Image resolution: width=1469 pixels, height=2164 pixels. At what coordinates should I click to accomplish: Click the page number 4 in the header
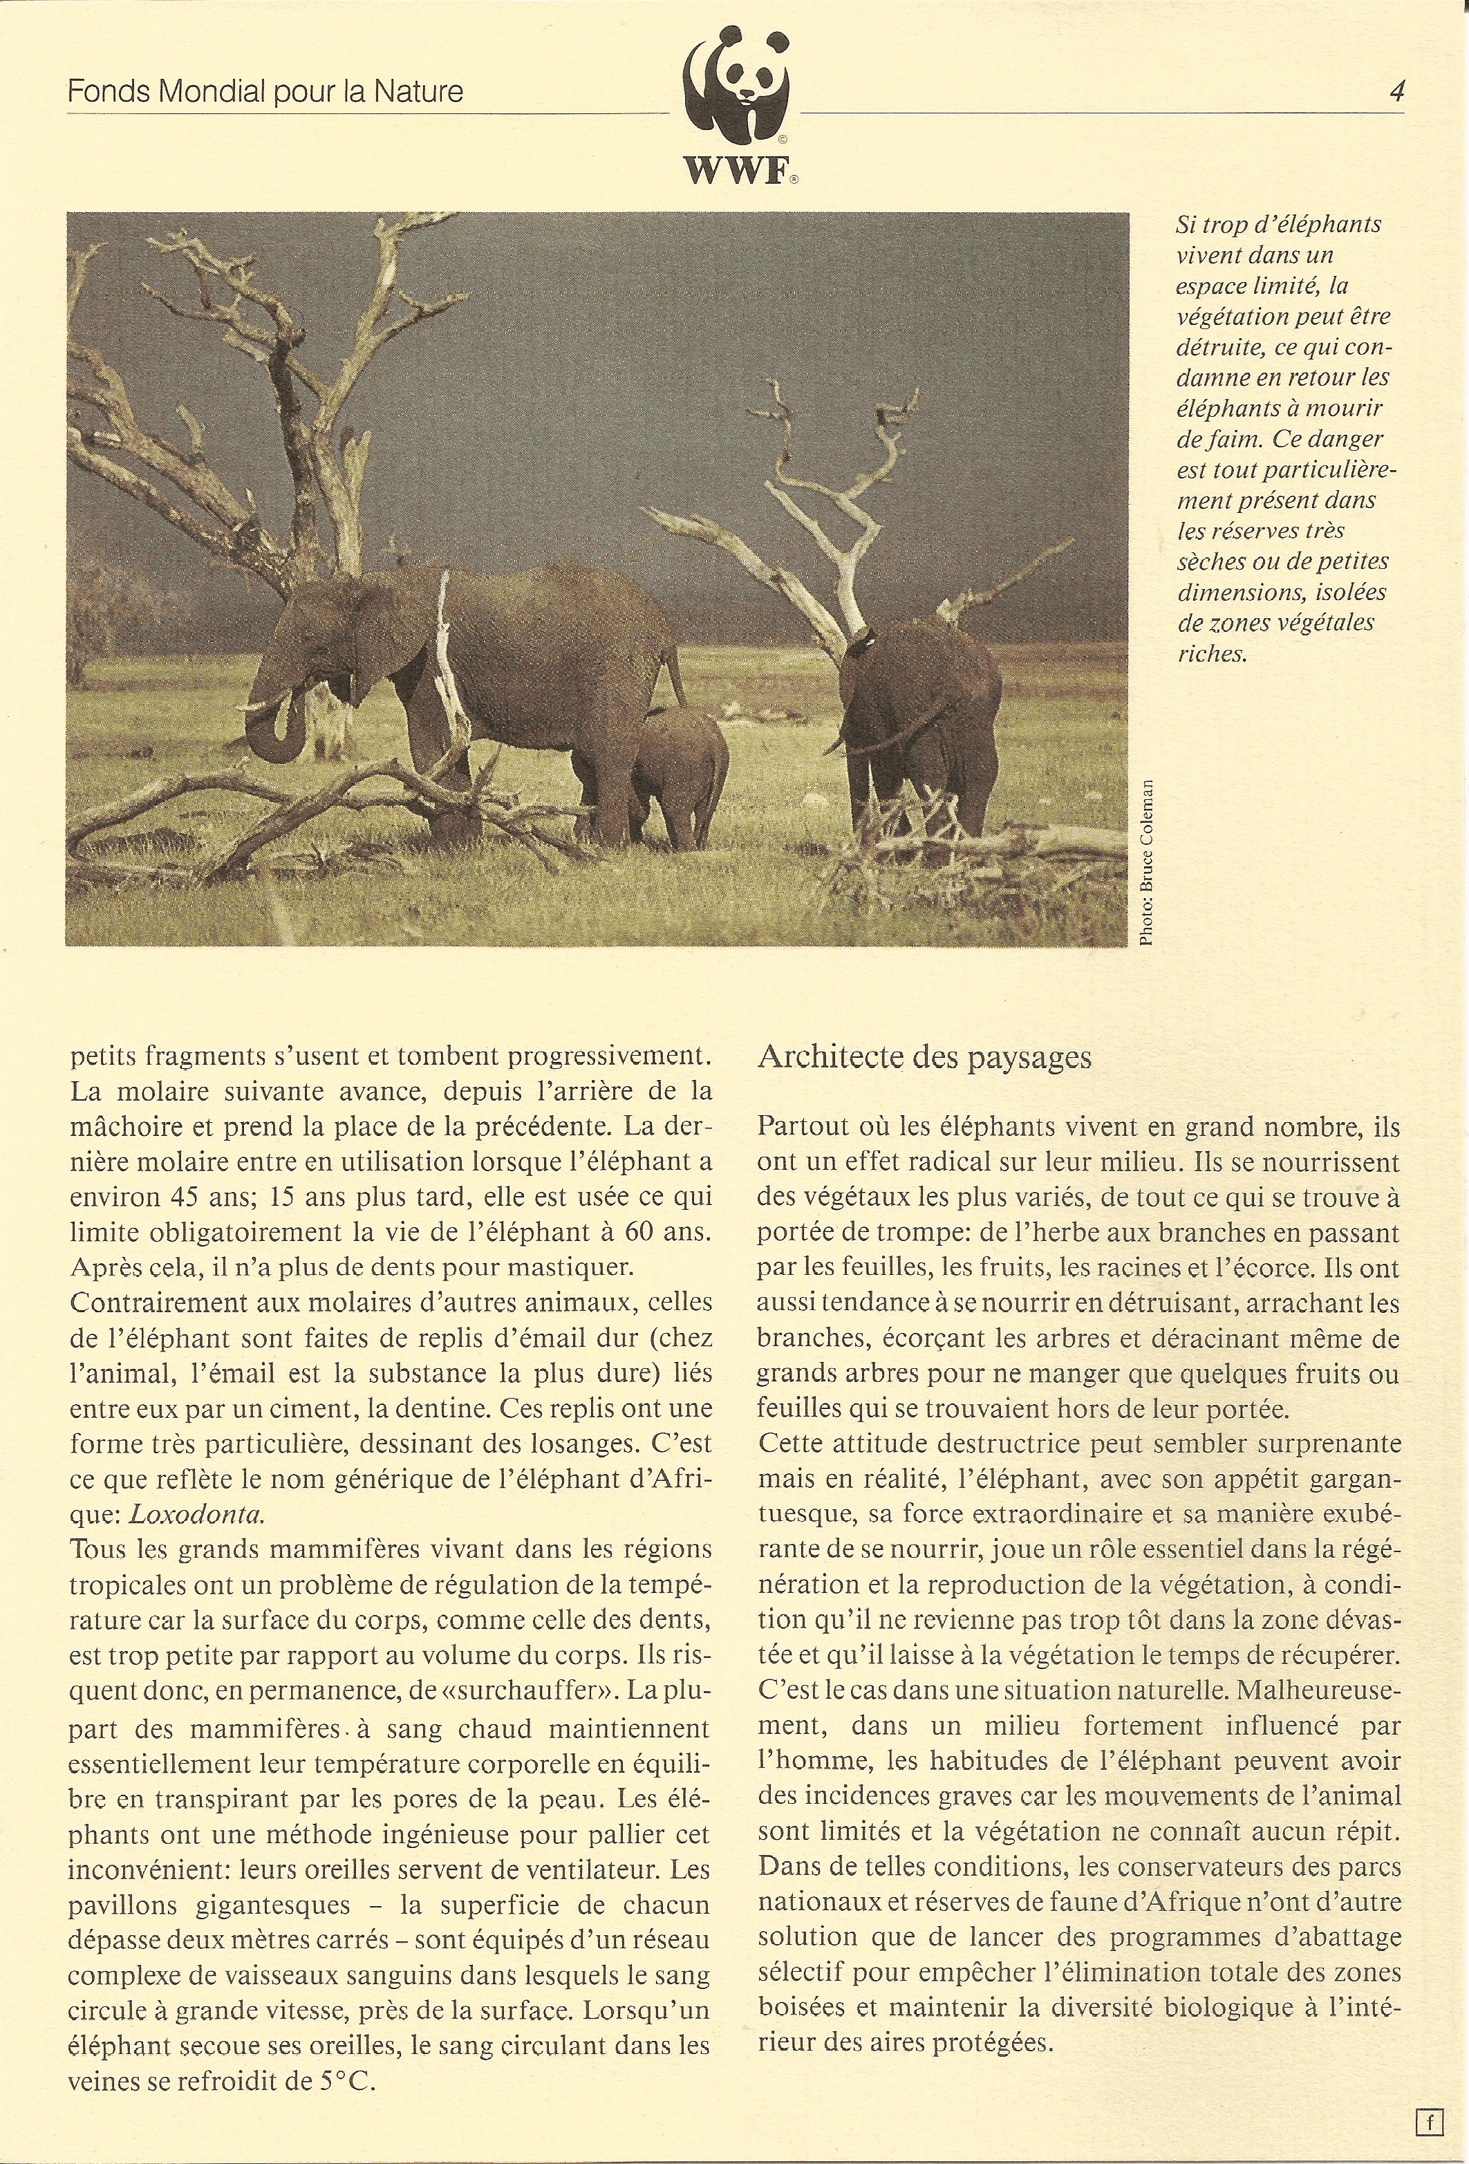click(1396, 91)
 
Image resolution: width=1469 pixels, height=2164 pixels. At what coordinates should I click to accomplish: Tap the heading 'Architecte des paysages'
click(924, 1058)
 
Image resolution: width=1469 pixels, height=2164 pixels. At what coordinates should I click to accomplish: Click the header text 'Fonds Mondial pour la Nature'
click(265, 92)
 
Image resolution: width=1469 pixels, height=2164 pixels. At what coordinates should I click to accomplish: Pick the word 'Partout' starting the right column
click(800, 1127)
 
